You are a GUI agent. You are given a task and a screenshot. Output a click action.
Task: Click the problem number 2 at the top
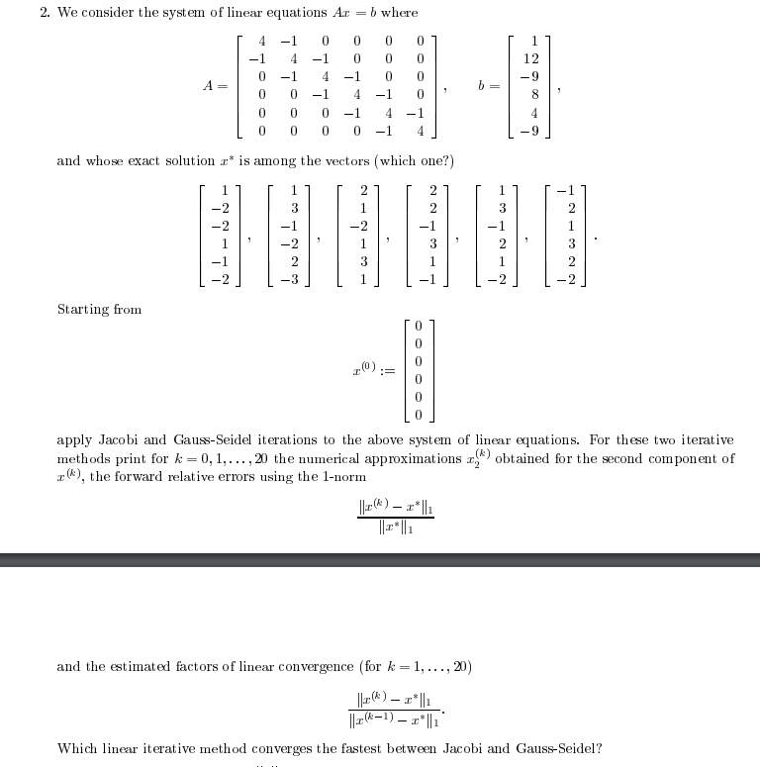[x=45, y=12]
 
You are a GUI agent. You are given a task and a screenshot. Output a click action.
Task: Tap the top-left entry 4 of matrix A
[x=261, y=42]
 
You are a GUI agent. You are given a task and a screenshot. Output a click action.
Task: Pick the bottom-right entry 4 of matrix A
[x=421, y=130]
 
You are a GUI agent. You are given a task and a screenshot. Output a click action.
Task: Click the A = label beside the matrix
[x=215, y=86]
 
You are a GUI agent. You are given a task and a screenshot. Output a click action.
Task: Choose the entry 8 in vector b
[x=533, y=95]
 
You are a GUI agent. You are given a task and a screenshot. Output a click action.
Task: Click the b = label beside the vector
[x=488, y=86]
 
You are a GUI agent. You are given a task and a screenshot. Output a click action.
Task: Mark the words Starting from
[x=99, y=310]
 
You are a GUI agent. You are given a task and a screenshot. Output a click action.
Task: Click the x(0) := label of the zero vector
[x=373, y=370]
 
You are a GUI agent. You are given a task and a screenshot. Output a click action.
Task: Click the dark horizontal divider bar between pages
[x=380, y=560]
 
